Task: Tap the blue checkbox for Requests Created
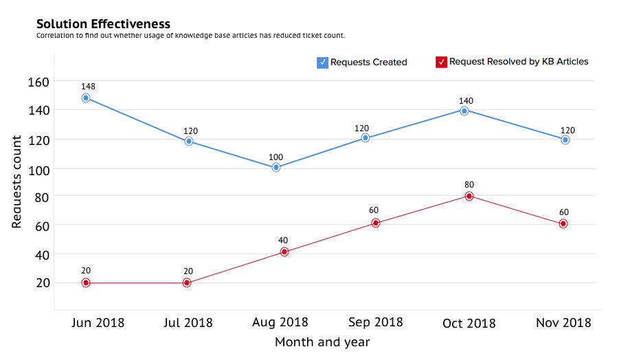click(x=322, y=63)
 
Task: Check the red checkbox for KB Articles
click(x=442, y=63)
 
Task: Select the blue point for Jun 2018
click(x=86, y=98)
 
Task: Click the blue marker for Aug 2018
click(x=276, y=167)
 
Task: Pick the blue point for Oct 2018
click(x=464, y=110)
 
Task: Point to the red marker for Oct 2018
click(x=469, y=196)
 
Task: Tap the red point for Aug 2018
click(x=284, y=252)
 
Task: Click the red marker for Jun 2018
click(x=86, y=282)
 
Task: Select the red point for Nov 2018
click(x=563, y=224)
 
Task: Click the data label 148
click(x=87, y=87)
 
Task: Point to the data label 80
click(x=469, y=184)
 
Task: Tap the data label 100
click(x=275, y=157)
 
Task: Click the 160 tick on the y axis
click(x=38, y=82)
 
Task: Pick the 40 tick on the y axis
click(x=41, y=254)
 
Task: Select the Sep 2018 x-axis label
click(x=376, y=322)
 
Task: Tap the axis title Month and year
click(x=322, y=342)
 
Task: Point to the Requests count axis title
click(x=18, y=181)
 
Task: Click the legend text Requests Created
click(x=369, y=63)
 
